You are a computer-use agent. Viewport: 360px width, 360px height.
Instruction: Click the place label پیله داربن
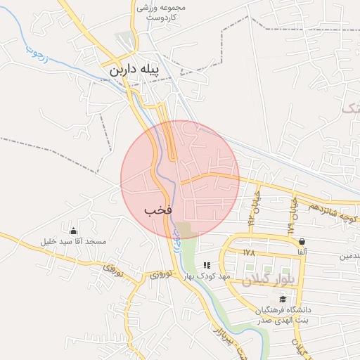[x=140, y=71]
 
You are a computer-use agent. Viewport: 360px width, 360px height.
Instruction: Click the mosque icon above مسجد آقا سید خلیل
[x=73, y=231]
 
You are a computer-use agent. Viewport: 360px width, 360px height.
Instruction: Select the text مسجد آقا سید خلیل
[x=74, y=242]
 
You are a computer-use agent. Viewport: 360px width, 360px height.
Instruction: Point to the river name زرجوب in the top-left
[x=36, y=53]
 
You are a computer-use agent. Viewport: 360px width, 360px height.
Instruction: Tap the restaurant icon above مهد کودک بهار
[x=207, y=265]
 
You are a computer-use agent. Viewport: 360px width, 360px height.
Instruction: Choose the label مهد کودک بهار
[x=207, y=276]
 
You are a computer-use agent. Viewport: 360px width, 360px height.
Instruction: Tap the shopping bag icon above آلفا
[x=302, y=241]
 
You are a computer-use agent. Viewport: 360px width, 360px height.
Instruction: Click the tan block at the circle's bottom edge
[x=186, y=230]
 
